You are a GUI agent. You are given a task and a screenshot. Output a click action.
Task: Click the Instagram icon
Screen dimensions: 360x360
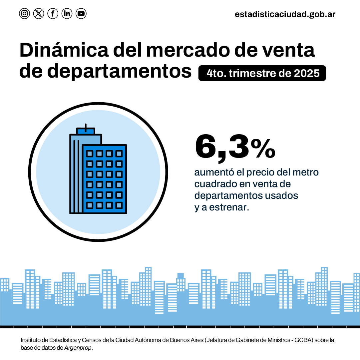24,14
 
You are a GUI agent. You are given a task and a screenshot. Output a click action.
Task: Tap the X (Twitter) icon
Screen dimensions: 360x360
39,14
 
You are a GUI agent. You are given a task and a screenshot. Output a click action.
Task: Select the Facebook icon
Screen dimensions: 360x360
53,14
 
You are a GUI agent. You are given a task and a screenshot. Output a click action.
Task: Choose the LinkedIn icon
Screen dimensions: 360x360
67,14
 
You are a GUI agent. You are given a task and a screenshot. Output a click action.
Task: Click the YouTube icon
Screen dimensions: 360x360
81,14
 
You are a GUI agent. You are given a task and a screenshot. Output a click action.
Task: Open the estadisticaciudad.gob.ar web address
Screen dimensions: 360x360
285,14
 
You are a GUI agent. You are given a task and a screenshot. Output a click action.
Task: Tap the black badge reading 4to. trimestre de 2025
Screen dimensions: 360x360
262,73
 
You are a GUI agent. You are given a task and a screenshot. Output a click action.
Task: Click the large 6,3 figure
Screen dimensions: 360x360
221,148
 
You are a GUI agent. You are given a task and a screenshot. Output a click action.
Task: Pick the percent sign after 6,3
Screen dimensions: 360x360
263,149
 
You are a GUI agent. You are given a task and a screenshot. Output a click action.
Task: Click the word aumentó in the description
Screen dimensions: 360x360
209,173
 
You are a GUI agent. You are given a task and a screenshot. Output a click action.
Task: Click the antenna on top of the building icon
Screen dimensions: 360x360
86,127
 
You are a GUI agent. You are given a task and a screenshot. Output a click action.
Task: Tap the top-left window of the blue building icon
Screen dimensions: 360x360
89,154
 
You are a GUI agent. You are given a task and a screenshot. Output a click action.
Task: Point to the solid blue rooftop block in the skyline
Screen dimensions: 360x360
180,276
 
